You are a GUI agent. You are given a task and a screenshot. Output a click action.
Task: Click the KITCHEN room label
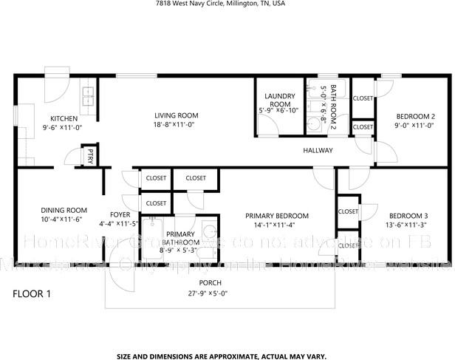pos(64,118)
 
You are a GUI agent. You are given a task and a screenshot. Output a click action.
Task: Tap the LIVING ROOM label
pos(176,115)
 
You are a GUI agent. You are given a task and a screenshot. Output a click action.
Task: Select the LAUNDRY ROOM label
pos(278,100)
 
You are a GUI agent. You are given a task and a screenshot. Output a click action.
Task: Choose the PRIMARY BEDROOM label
pos(277,216)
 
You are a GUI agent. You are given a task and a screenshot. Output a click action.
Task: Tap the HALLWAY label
pos(318,151)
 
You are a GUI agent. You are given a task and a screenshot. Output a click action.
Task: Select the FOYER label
pos(120,214)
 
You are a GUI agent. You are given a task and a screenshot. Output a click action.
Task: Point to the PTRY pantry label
pos(90,156)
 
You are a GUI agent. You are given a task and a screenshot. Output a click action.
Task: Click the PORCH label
pos(210,283)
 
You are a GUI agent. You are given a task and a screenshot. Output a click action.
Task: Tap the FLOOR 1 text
pos(32,293)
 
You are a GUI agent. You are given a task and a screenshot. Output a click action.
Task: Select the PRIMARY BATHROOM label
pos(179,238)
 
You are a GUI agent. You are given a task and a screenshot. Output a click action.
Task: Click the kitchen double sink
pos(89,93)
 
